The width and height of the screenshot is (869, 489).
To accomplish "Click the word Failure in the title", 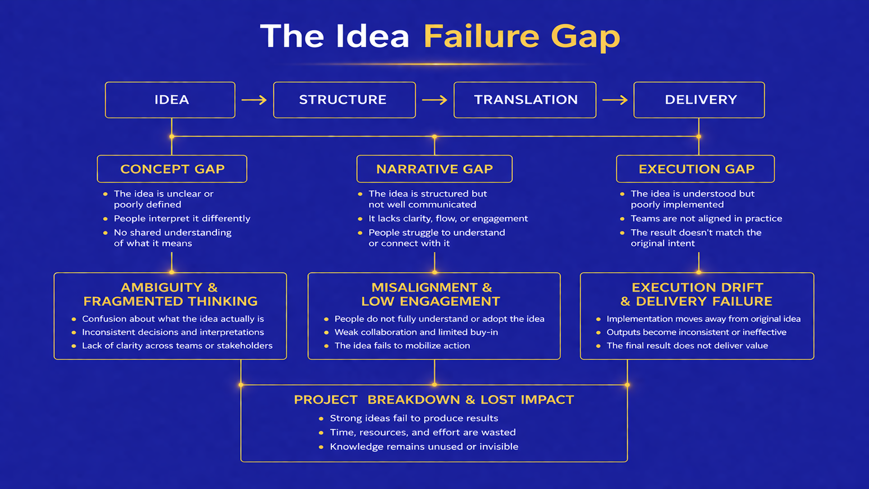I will pos(481,36).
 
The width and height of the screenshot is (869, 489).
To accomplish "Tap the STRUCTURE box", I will pos(344,100).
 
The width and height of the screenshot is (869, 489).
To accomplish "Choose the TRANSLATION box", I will pos(525,100).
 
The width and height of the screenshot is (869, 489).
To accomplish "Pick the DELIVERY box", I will pos(699,100).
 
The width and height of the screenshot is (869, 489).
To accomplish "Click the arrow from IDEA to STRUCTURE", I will pos(254,100).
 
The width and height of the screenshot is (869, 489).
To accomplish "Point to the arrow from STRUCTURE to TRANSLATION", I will pos(434,100).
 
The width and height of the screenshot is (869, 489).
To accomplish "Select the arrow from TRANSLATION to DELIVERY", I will pos(615,100).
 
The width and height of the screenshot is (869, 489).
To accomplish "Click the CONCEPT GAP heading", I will pos(172,169).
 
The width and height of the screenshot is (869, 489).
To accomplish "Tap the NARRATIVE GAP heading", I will pos(434,169).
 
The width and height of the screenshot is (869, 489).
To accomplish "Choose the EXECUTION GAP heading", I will pos(696,169).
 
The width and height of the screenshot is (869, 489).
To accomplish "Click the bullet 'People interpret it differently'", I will pos(182,218).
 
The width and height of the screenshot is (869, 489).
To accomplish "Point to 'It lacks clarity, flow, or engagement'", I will pos(448,218).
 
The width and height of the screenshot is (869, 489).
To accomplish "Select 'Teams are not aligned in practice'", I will pos(706,218).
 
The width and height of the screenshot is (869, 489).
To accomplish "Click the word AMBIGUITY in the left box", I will pos(162,288).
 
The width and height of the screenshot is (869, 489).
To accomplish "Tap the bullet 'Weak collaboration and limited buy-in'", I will pos(416,332).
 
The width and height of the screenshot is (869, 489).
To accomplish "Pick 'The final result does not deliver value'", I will pos(687,345).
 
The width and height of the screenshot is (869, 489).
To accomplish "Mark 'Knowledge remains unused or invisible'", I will pos(424,446).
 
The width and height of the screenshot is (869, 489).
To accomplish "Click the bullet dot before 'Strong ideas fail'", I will pos(321,418).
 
